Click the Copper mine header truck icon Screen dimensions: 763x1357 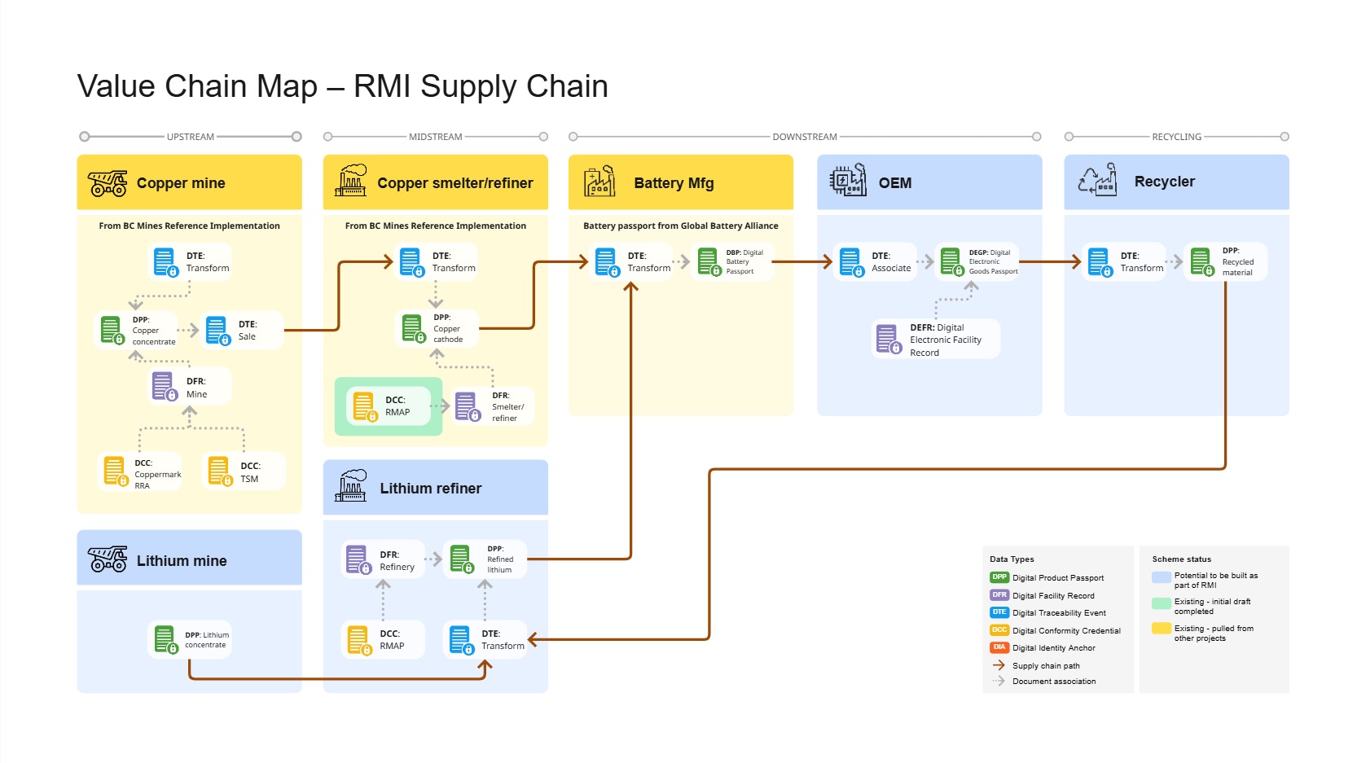click(108, 183)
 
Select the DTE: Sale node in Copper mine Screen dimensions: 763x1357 click(242, 331)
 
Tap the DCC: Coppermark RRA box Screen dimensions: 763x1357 click(140, 471)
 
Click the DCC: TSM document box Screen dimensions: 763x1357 click(244, 471)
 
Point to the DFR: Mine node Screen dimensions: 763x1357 click(190, 387)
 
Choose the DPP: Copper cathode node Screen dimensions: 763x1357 click(438, 328)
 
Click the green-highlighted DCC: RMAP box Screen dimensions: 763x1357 click(389, 406)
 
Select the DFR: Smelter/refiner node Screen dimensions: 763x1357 click(493, 406)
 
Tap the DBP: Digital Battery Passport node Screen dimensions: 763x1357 click(731, 262)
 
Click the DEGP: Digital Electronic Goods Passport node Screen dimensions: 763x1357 click(977, 262)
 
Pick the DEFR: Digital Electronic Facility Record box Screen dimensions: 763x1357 click(934, 340)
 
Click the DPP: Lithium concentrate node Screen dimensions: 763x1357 click(190, 640)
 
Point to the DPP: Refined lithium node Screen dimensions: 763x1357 click(485, 559)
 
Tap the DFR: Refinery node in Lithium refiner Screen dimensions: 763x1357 click(382, 560)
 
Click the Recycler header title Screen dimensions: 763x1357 click(1164, 182)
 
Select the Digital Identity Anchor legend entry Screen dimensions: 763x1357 click(1053, 648)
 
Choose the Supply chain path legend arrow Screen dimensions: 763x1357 click(999, 665)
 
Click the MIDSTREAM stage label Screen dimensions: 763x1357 click(436, 137)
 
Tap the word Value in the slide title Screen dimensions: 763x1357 click(116, 86)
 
